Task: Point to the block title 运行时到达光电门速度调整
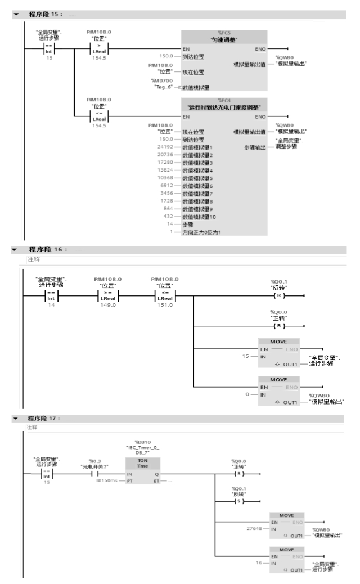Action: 223,106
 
